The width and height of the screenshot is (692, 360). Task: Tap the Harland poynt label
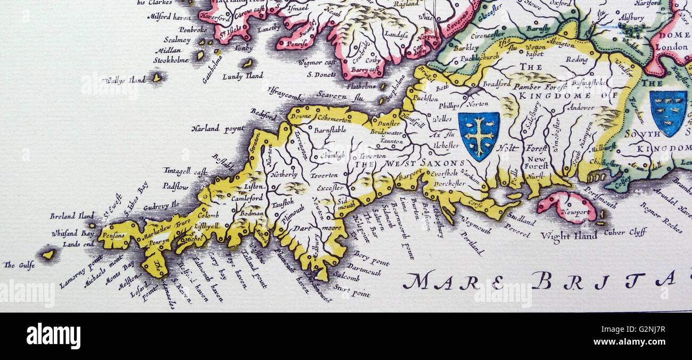click(217, 128)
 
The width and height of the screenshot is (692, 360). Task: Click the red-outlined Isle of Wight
click(566, 206)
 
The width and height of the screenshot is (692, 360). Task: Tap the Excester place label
click(330, 188)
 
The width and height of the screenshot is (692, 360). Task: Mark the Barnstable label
click(330, 129)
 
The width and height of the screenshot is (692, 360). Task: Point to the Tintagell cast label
click(185, 171)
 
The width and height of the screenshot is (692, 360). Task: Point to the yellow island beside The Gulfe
click(48, 254)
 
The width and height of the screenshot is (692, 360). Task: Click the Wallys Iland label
click(125, 80)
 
